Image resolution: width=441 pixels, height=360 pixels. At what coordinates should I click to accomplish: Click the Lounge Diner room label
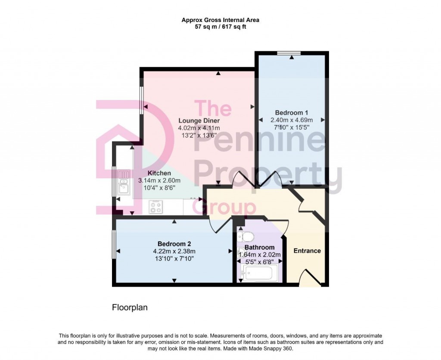(199, 121)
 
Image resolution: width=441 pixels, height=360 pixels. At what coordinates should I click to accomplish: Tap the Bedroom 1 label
(292, 113)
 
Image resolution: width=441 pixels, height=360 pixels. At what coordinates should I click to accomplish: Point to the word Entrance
(307, 250)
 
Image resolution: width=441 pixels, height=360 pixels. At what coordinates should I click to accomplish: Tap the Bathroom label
(259, 247)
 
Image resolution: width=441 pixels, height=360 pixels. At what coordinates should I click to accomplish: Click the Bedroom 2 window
(114, 244)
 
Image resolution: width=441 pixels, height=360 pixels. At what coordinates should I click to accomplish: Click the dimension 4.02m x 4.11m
(199, 128)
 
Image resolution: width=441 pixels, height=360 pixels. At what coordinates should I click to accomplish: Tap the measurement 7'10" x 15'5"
(292, 127)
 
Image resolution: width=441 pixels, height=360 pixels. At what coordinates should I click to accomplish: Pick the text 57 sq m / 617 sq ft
(220, 27)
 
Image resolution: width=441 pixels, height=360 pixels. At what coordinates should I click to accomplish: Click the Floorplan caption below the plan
(130, 308)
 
